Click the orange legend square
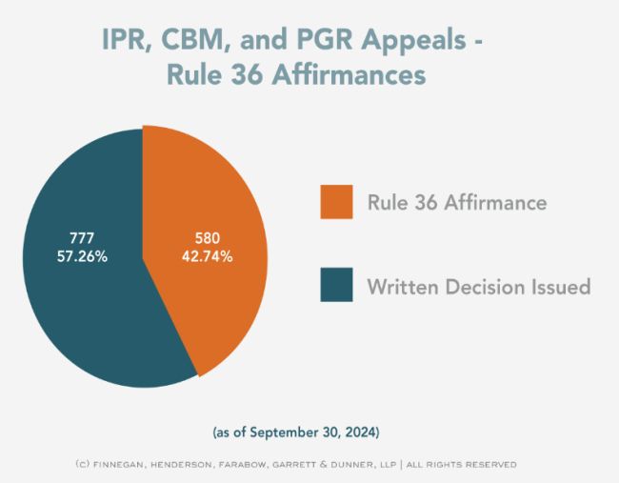[336, 201]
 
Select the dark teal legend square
[336, 285]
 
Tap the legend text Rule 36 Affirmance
[457, 202]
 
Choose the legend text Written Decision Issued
[479, 286]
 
